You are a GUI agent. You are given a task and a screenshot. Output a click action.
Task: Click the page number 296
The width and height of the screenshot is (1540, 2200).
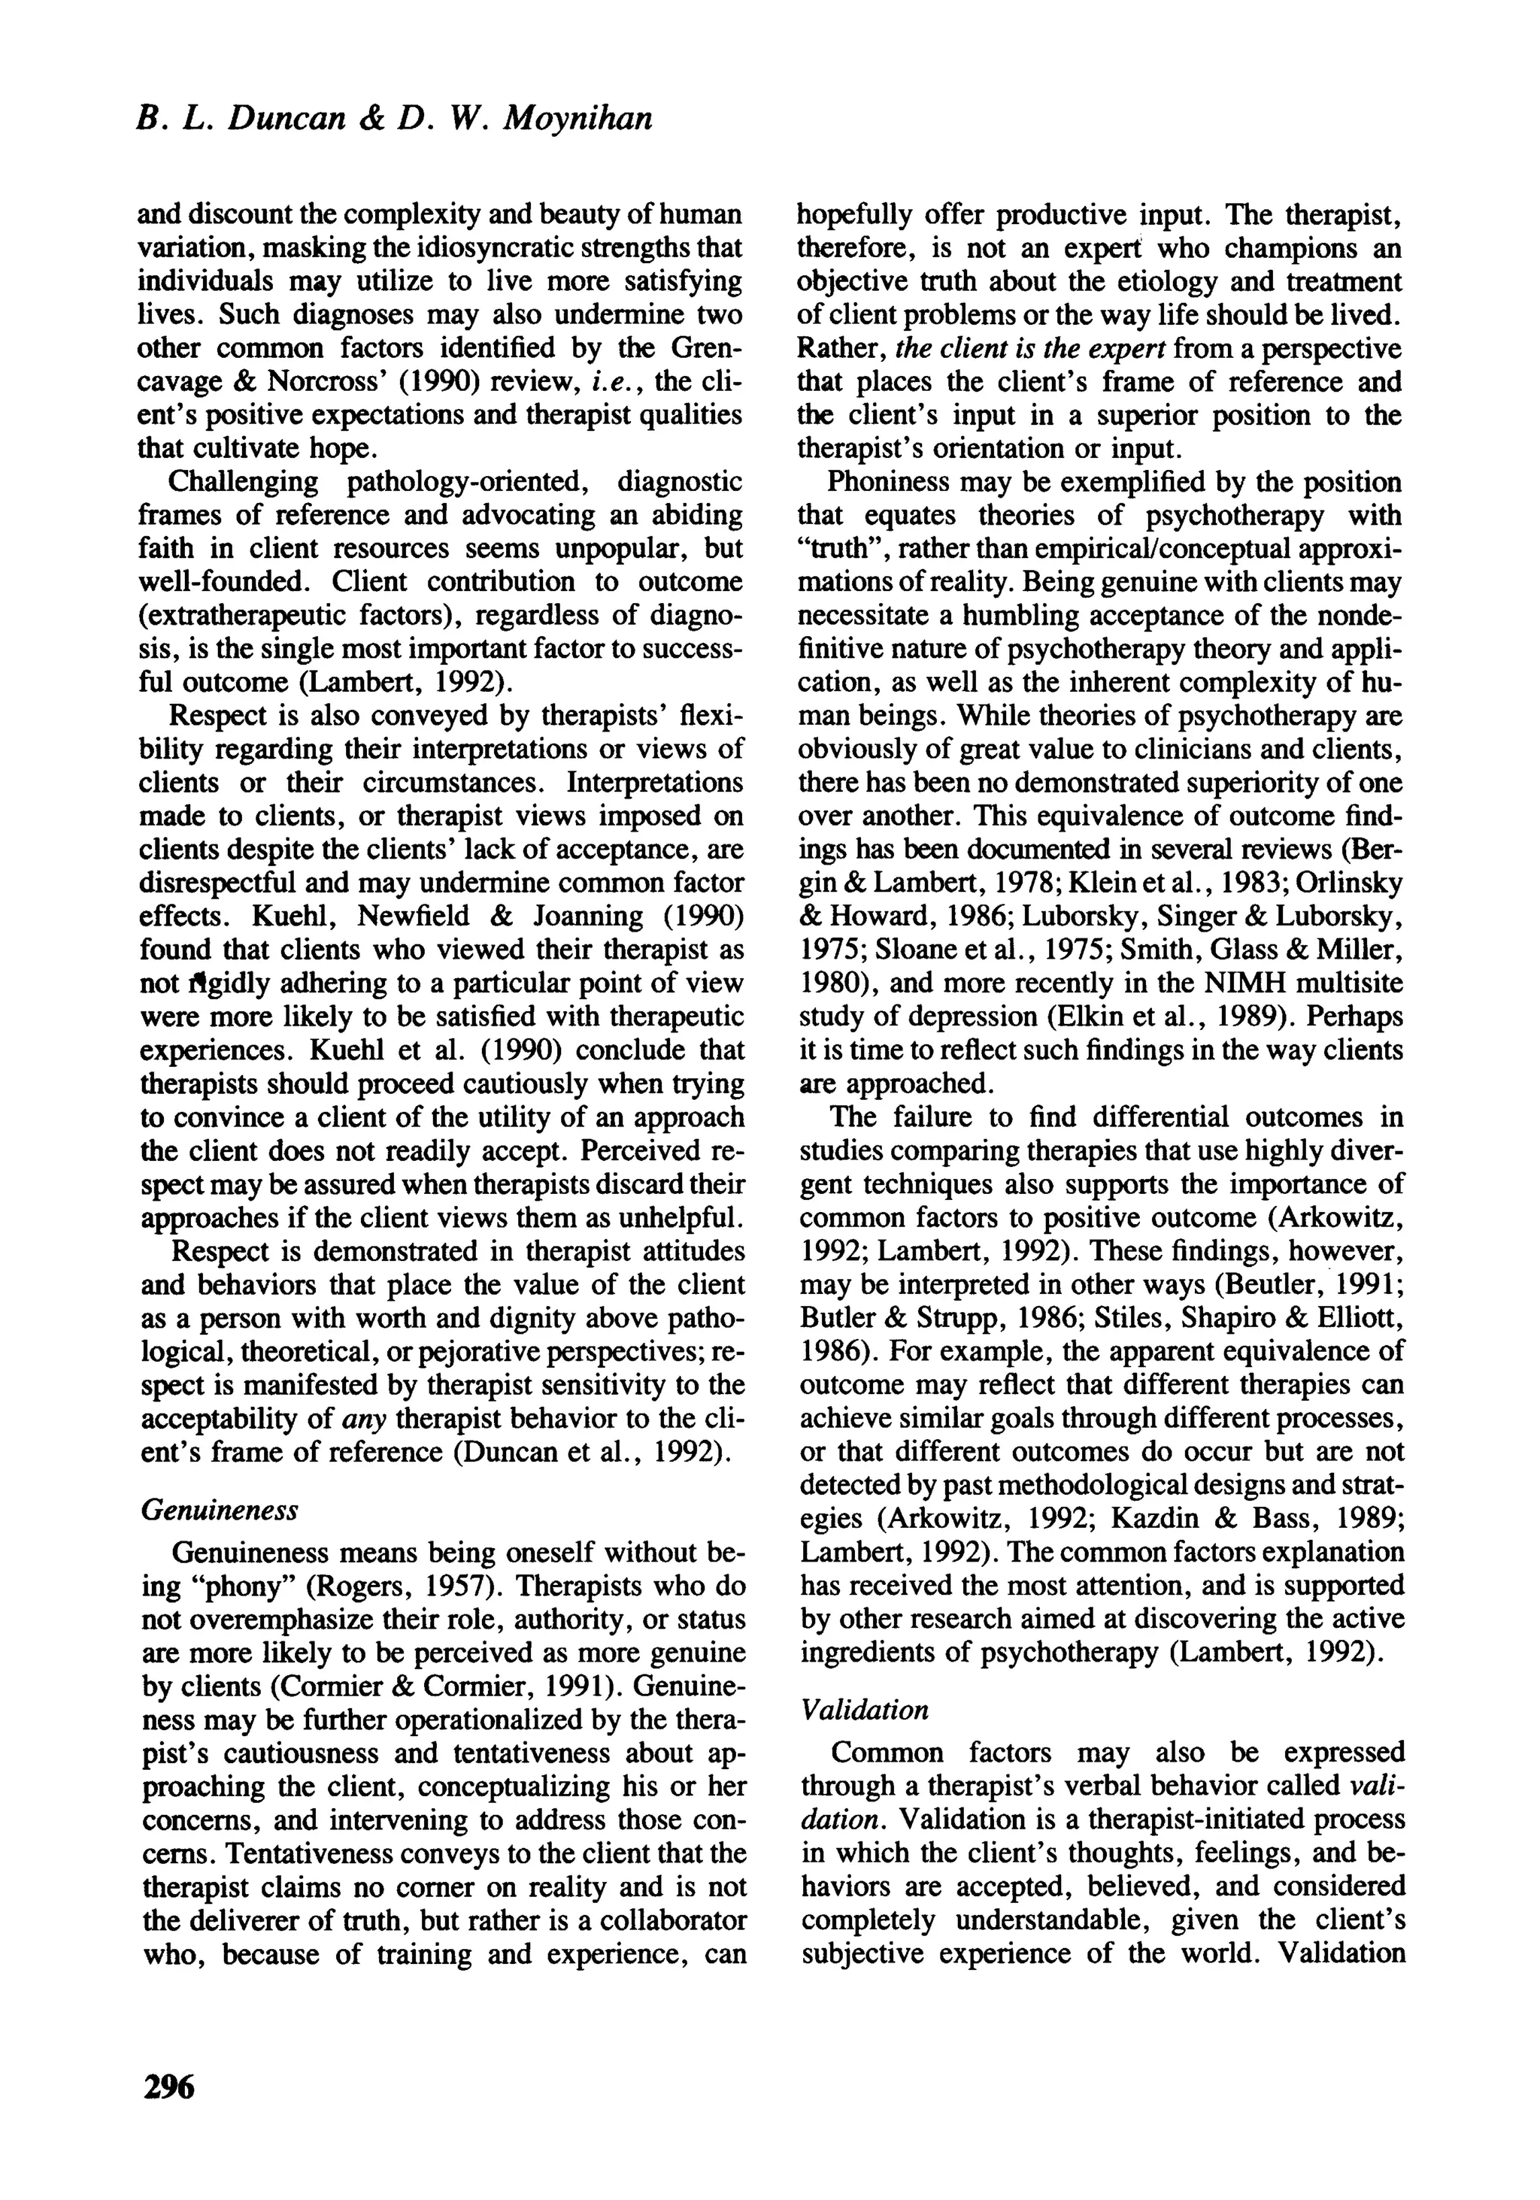tap(168, 2085)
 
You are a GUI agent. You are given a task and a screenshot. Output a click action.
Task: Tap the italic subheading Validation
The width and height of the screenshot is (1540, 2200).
tap(865, 1710)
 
